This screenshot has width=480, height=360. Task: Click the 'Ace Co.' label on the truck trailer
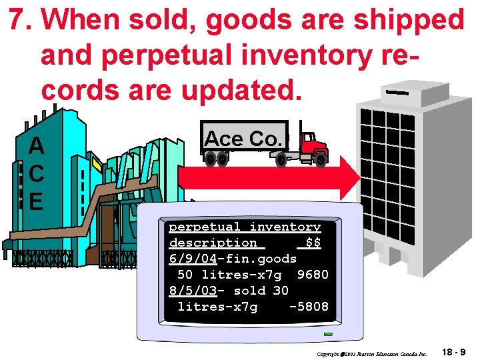pos(244,138)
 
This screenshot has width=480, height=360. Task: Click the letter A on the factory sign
pos(37,146)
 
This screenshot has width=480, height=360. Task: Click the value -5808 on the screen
pos(309,307)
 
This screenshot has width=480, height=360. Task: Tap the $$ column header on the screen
pos(312,243)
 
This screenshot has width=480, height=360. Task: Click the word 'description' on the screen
pos(213,243)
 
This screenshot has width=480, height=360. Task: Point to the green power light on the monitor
pos(327,334)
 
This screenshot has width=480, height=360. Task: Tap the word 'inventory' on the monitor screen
pos(285,227)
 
